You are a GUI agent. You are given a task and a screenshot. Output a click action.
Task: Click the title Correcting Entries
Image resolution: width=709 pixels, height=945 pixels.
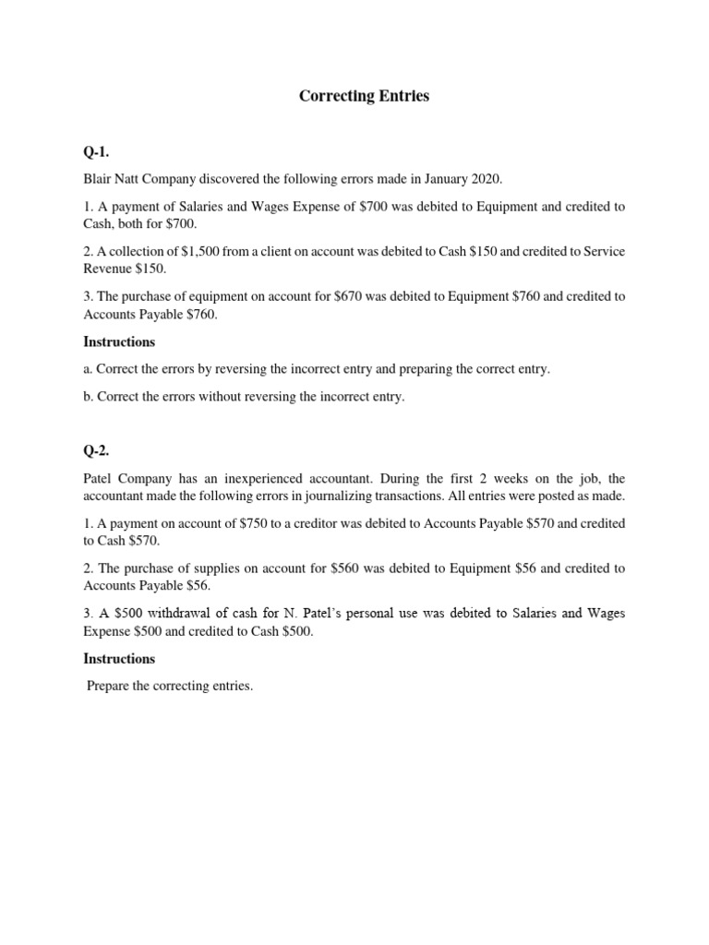coord(365,96)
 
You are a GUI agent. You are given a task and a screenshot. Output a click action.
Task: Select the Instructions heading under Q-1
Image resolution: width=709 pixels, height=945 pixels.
coord(120,341)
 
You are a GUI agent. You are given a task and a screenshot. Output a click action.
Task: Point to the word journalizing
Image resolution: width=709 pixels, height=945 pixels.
coord(350,496)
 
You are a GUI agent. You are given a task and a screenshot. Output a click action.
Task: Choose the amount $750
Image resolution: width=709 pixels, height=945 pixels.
coord(229,523)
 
